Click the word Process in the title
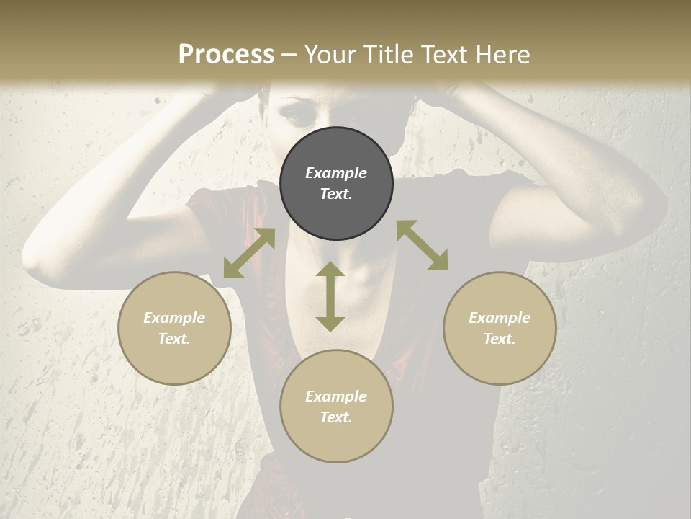[x=226, y=55]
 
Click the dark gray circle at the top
[x=336, y=183]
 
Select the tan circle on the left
[x=174, y=328]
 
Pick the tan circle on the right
[x=500, y=328]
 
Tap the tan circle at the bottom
[x=336, y=406]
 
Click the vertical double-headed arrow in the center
[x=330, y=296]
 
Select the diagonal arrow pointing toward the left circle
[x=249, y=253]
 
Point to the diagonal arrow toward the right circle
[x=423, y=245]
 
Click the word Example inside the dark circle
[x=336, y=173]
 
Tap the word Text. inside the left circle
[x=174, y=339]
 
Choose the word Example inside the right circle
[x=500, y=318]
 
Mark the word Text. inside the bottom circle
[x=336, y=417]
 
